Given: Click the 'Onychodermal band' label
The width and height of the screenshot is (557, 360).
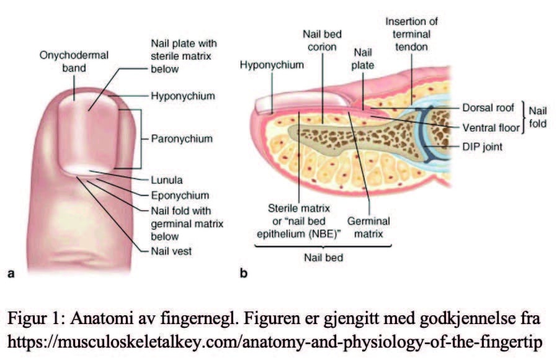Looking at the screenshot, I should [74, 61].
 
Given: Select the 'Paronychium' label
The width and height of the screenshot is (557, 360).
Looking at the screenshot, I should [182, 138].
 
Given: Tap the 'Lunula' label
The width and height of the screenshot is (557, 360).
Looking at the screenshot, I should [166, 181].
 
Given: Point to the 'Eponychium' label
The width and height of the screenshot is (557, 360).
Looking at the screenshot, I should [179, 195].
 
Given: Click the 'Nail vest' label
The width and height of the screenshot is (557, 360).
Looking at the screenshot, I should [171, 251].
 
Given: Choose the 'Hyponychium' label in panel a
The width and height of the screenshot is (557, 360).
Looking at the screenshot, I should [183, 96].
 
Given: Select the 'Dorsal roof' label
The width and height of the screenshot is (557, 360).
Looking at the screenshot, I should [489, 107].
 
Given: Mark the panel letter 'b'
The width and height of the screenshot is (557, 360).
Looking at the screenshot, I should [244, 272].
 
